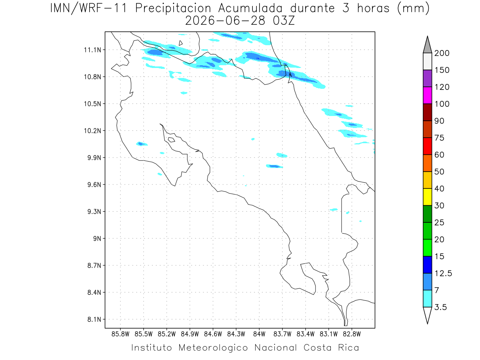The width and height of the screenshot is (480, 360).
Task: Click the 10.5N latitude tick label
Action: pyautogui.click(x=92, y=104)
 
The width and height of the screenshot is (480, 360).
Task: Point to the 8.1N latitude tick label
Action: pyautogui.click(x=94, y=320)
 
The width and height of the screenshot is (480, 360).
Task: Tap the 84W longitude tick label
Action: pyautogui.click(x=259, y=334)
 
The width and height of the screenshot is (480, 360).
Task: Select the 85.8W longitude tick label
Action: pyautogui.click(x=120, y=334)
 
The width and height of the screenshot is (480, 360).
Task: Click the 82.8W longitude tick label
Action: pyautogui.click(x=352, y=334)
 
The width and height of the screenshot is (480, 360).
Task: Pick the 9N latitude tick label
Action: pyautogui.click(x=97, y=238)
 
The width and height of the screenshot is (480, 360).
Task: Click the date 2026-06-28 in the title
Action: pyautogui.click(x=225, y=21)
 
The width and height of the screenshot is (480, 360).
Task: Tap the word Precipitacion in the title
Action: pyautogui.click(x=173, y=8)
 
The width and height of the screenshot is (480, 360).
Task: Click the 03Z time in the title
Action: pyautogui.click(x=284, y=21)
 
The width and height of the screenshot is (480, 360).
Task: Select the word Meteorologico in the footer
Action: pyautogui.click(x=213, y=348)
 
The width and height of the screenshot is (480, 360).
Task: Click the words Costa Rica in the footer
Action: pyautogui.click(x=331, y=348)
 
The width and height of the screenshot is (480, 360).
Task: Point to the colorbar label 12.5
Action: pyautogui.click(x=443, y=274)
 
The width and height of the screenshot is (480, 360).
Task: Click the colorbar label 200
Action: pyautogui.click(x=442, y=53)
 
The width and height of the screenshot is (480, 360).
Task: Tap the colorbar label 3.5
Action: pyautogui.click(x=440, y=307)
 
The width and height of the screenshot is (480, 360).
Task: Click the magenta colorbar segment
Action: pyautogui.click(x=427, y=95)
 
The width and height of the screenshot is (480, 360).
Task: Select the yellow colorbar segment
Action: pyautogui.click(x=427, y=197)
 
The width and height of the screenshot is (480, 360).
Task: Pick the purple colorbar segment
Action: pyautogui.click(x=427, y=78)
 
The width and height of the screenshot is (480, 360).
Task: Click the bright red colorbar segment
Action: pyautogui.click(x=427, y=146)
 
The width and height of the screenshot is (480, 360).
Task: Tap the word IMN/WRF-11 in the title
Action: pyautogui.click(x=88, y=8)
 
